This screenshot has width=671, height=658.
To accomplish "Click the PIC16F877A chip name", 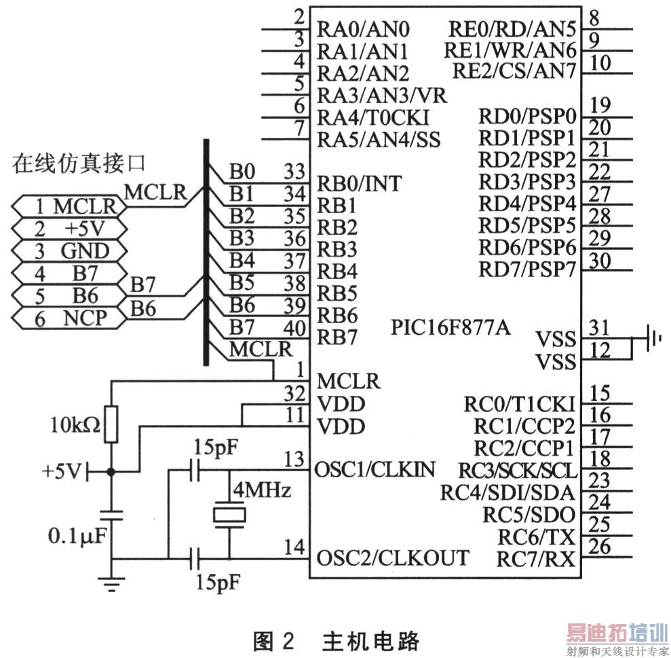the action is tap(450, 328).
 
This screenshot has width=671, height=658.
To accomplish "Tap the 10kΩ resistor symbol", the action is tap(111, 424).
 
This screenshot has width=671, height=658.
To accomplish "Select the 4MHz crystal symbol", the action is tap(229, 515).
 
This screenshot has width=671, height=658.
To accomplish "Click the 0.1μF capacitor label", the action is tap(77, 536).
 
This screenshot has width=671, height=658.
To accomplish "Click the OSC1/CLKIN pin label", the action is tap(375, 470).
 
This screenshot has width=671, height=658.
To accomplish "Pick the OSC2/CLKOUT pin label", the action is tap(392, 558).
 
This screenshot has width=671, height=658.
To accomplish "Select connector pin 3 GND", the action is tap(69, 251).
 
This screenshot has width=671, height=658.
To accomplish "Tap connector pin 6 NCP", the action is tap(69, 318).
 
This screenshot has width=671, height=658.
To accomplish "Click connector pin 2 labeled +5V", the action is tap(69, 229).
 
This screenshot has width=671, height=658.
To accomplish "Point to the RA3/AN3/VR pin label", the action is tap(382, 96).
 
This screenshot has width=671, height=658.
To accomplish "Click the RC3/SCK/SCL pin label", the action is tap(518, 471).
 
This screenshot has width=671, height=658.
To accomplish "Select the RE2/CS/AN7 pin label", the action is tap(514, 71).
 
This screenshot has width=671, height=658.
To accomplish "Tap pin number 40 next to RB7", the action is tap(294, 328).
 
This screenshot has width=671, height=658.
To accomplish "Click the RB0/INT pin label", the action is tap(359, 184).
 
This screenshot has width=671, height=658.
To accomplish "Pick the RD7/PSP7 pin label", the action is tap(527, 270).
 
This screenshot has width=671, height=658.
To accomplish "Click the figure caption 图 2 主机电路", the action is tap(336, 641).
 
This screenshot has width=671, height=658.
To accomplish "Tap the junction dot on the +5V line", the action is tap(111, 472).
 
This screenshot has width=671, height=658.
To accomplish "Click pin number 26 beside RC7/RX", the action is tap(600, 546).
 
